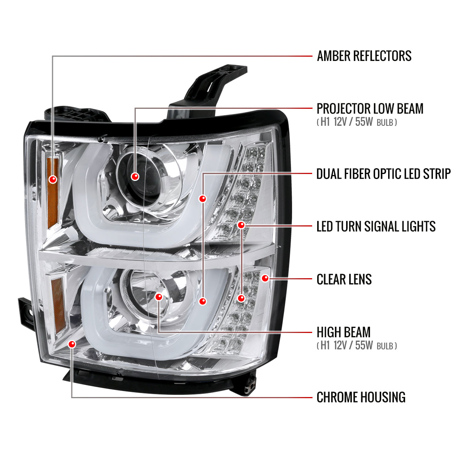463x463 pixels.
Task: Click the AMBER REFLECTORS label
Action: [x=364, y=56]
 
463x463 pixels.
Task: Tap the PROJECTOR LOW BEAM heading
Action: [x=370, y=108]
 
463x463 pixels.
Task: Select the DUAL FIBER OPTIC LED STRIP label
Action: [x=384, y=174]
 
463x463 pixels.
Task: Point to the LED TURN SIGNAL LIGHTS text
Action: [x=376, y=226]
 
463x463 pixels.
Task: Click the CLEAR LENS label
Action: [x=344, y=279]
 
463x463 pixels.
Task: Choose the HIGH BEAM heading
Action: [x=343, y=332]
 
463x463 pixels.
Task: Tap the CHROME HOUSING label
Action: [x=361, y=397]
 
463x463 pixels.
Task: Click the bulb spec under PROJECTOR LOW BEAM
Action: [x=357, y=122]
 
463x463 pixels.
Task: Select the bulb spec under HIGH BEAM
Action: [x=357, y=345]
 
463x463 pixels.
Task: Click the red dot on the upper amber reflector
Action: [x=52, y=179]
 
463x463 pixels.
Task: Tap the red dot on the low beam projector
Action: [x=135, y=177]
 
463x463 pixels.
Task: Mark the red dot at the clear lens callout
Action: [x=265, y=278]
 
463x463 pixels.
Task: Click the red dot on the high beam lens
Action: [x=159, y=297]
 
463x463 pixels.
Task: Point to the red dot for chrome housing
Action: [x=72, y=344]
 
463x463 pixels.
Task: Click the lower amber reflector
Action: [x=58, y=306]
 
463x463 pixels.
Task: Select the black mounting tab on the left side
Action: [x=27, y=313]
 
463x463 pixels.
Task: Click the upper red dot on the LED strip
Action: [x=203, y=199]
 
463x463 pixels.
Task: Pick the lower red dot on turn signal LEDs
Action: [x=241, y=298]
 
